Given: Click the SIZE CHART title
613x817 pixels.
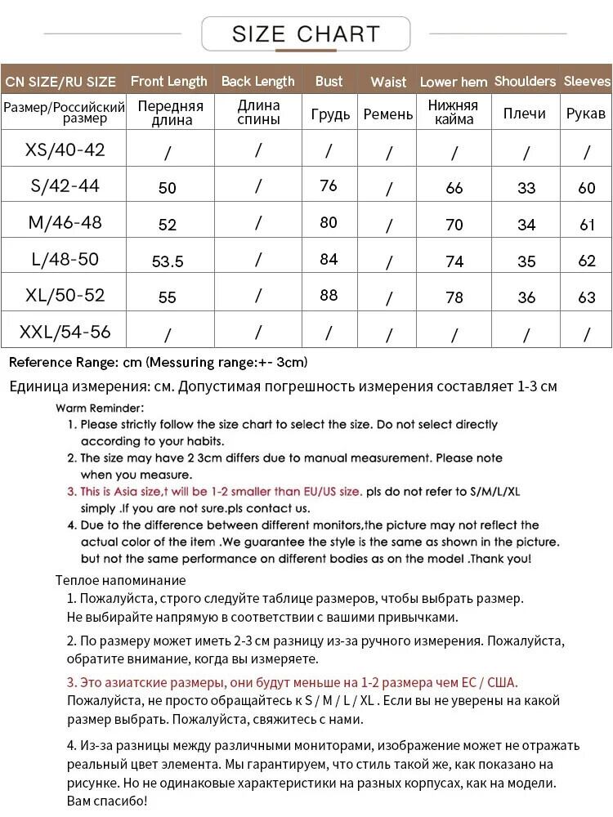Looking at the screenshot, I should (306, 33).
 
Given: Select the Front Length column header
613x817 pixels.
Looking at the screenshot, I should (169, 81).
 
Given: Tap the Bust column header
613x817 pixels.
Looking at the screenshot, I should (329, 81).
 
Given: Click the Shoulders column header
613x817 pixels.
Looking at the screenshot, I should (525, 81).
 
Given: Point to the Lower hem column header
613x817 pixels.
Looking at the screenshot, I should (454, 82).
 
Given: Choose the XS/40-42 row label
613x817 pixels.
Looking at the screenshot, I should (65, 150).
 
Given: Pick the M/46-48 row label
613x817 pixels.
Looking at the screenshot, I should (65, 222).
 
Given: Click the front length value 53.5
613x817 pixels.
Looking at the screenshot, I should (168, 261).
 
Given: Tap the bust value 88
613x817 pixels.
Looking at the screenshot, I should (329, 294).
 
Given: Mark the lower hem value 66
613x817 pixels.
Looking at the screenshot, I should (454, 188).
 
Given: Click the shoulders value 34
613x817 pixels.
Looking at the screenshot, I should (526, 225).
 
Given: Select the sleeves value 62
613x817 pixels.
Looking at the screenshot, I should (587, 261).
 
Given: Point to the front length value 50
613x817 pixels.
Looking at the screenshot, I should (168, 188).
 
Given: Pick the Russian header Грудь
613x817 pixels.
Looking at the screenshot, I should (330, 114).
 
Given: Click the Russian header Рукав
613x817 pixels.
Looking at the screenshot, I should (586, 114).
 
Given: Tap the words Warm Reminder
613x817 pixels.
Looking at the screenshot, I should (100, 408).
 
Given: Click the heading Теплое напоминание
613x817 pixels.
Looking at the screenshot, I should (120, 581).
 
